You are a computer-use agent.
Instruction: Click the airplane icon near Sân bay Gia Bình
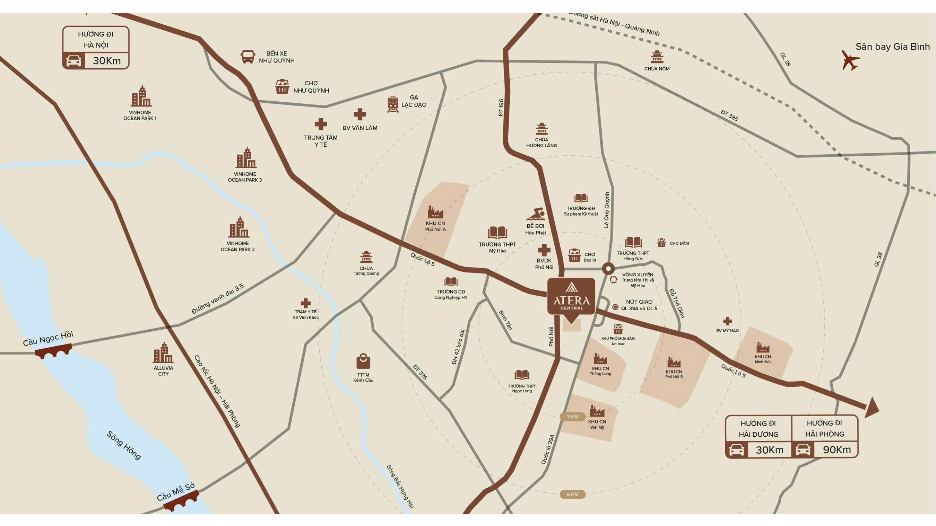pyautogui.click(x=850, y=60)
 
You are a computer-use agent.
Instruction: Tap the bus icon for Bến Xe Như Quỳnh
pyautogui.click(x=248, y=57)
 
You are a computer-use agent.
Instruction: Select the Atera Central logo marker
pyautogui.click(x=571, y=296)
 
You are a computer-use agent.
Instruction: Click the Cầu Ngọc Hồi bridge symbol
pyautogui.click(x=53, y=351)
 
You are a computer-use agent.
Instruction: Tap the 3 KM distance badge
pyautogui.click(x=573, y=417)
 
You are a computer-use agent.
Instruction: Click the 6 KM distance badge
pyautogui.click(x=573, y=494)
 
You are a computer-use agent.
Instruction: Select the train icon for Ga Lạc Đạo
pyautogui.click(x=393, y=104)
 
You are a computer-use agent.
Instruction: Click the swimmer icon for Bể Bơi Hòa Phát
pyautogui.click(x=536, y=214)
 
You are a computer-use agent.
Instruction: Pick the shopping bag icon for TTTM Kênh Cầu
pyautogui.click(x=363, y=362)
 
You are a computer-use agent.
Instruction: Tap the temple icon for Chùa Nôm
pyautogui.click(x=657, y=57)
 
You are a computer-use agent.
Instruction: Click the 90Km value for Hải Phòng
pyautogui.click(x=836, y=450)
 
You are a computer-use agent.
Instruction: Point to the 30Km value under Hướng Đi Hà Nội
pyautogui.click(x=106, y=61)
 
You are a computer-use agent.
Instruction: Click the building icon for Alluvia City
pyautogui.click(x=163, y=353)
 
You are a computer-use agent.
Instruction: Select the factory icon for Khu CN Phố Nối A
pyautogui.click(x=435, y=212)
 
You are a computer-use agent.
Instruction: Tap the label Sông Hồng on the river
pyautogui.click(x=123, y=445)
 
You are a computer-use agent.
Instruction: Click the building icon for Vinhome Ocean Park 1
pyautogui.click(x=141, y=97)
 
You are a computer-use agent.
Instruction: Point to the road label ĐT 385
pyautogui.click(x=729, y=115)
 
